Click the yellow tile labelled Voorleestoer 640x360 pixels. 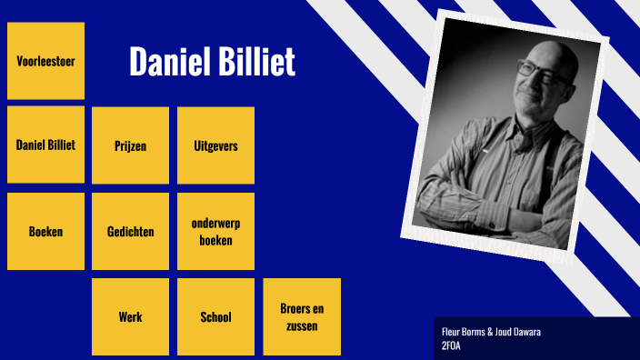coord(45,61)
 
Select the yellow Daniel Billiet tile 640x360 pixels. coord(45,145)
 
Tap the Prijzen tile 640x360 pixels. coord(130,145)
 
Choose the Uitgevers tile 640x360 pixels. coord(215,145)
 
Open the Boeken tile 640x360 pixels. coord(45,231)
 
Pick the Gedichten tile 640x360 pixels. coord(130,231)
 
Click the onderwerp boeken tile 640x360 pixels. coord(215,231)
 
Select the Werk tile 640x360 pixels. coord(130,316)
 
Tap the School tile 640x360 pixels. coord(215,316)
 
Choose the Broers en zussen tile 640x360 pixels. coord(301,316)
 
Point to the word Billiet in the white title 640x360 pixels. coord(255,62)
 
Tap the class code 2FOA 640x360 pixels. coord(450,345)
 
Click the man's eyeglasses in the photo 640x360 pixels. coord(536,68)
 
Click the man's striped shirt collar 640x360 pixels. coord(525,127)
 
